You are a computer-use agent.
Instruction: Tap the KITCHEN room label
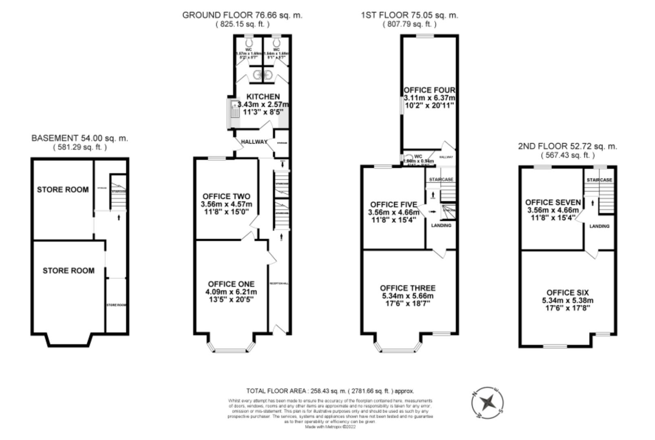263,97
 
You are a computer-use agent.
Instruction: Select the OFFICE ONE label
231,284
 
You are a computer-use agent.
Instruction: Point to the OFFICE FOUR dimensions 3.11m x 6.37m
429,98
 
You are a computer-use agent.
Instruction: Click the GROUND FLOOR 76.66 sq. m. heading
242,15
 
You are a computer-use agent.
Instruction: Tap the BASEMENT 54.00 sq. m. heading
79,138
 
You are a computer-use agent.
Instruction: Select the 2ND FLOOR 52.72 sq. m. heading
567,146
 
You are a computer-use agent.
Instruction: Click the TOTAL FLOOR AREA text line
330,391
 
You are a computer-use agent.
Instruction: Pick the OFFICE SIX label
567,293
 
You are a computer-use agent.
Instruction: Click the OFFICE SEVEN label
553,202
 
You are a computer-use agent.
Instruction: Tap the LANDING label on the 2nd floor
599,226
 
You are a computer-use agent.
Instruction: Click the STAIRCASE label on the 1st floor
441,180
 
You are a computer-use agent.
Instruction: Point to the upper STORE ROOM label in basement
63,189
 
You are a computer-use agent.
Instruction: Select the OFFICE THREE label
408,288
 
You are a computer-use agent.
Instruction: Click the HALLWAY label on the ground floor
254,142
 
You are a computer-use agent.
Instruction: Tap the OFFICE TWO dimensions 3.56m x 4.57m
226,204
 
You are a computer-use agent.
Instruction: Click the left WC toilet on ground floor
249,42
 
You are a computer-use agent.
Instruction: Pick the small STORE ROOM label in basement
116,305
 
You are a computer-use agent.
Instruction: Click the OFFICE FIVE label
393,205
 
